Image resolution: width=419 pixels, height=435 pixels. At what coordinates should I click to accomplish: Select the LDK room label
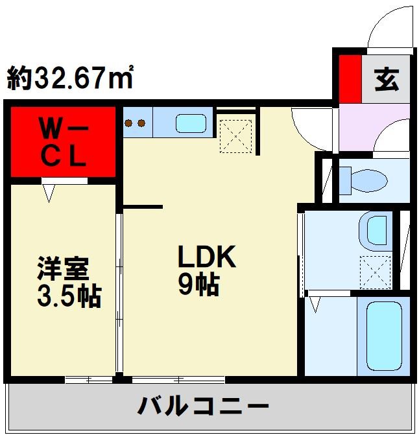coord(206,257)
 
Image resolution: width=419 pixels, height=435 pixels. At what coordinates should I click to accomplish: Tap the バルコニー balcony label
coord(204,407)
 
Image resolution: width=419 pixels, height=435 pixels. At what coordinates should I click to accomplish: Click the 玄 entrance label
coord(387,80)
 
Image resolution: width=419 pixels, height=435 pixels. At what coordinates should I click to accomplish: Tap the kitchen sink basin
coord(191,123)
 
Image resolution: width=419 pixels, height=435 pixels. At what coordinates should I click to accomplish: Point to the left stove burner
coord(128,123)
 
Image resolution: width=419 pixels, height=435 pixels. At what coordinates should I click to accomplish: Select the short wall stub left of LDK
coord(143,207)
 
